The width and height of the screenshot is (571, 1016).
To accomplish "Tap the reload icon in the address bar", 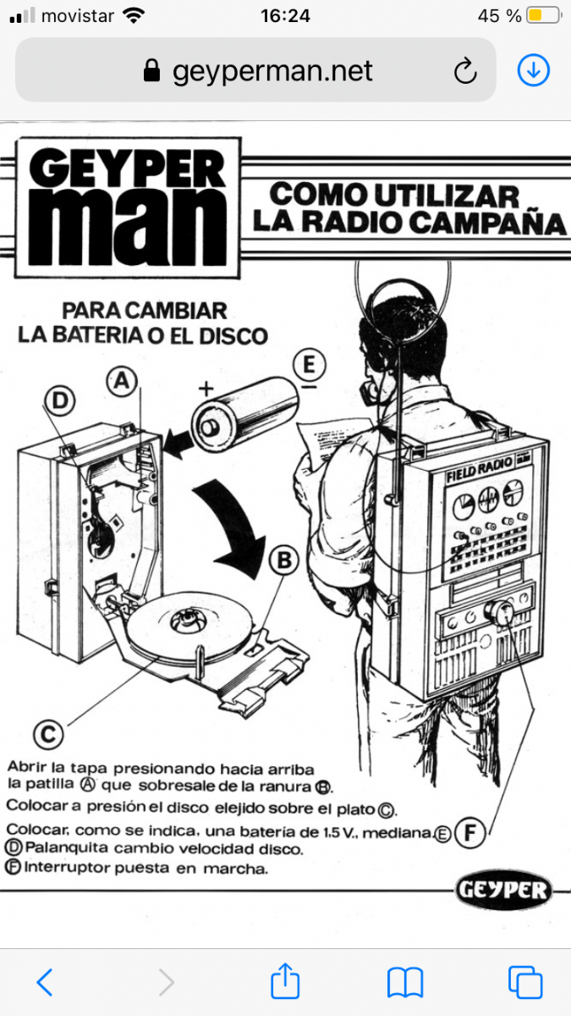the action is pos(465,71).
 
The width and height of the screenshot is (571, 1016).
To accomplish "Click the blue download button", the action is pos(534,70).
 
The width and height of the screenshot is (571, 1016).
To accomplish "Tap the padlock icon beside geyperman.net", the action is pos(151,70).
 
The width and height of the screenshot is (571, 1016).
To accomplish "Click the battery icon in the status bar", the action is pos(544,15).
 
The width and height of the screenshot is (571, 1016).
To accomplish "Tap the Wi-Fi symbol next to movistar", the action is pos(134,15).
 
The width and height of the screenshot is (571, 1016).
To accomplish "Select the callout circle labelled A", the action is pos(122,381).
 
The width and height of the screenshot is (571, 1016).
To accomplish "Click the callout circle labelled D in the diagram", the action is pos(59,400).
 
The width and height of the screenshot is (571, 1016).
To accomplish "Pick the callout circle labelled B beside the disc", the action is pos(284,560).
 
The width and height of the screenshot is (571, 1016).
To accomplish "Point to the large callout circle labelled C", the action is pos(48,734).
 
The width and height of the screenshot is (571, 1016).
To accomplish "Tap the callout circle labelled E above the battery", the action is pos(309,364).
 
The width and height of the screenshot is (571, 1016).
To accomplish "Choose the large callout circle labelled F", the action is pos(470,832).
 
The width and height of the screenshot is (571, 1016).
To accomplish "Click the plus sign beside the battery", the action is pos(206,389).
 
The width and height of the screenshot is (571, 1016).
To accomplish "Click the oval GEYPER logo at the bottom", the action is pos(503,890).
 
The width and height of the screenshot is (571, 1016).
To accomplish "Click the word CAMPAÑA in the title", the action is pos(490,224).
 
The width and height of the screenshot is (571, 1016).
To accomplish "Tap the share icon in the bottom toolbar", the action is pos(285,980).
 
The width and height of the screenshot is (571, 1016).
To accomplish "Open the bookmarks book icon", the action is pos(405,982).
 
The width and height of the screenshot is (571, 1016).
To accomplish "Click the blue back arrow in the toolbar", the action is pos(44,982).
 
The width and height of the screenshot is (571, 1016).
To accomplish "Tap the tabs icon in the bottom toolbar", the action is pos(524,982).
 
